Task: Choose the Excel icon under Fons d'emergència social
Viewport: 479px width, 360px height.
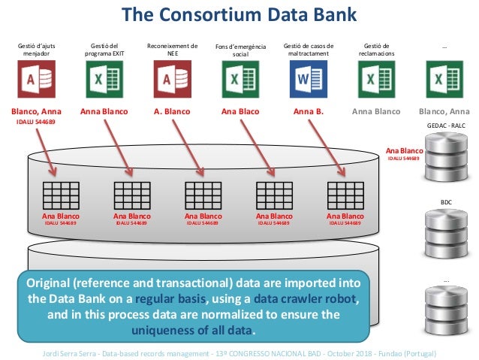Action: [239, 78]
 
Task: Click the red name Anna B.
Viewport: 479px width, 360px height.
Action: [308, 112]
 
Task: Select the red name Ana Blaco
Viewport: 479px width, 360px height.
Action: [240, 112]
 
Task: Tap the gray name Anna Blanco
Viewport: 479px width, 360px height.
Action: [376, 112]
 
